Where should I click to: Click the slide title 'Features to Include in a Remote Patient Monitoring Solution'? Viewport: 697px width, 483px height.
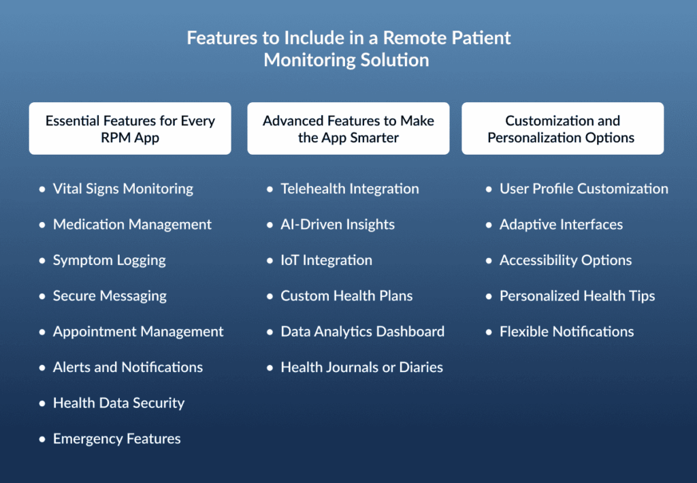tap(348, 49)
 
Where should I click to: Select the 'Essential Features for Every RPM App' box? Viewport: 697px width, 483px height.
tap(130, 129)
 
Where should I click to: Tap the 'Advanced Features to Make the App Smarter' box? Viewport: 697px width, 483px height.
tap(348, 129)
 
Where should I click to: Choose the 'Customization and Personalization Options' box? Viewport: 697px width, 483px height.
tap(563, 129)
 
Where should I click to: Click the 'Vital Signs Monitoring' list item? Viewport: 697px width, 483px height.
tap(123, 189)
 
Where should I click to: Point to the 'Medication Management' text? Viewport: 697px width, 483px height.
tap(133, 225)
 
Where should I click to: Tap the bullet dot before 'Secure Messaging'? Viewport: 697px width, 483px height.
tap(42, 296)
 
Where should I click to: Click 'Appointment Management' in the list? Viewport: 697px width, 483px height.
tap(138, 332)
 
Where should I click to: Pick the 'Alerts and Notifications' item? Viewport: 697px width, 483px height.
tap(128, 367)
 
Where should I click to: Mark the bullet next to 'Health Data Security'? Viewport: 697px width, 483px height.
tap(42, 403)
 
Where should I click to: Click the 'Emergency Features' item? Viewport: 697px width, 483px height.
tap(117, 439)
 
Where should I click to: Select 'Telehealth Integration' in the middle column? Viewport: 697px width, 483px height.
tap(350, 189)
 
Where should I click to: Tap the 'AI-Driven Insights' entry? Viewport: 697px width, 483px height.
tap(338, 225)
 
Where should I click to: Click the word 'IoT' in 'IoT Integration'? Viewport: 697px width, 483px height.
tap(289, 260)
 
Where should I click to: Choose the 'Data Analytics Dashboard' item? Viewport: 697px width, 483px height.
tap(362, 332)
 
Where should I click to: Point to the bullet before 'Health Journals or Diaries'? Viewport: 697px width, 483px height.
tap(270, 368)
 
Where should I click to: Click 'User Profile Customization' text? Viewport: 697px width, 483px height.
tap(584, 189)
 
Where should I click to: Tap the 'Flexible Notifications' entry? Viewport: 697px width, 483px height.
tap(567, 332)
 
